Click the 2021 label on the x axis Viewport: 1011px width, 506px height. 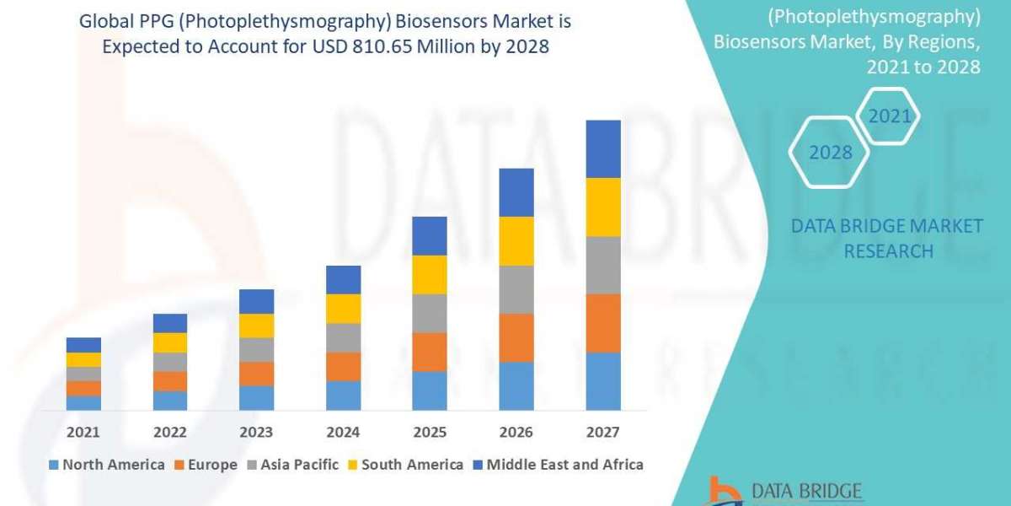coord(83,433)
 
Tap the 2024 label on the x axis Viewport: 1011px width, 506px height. coord(343,433)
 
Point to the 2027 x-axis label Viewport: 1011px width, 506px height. coord(602,433)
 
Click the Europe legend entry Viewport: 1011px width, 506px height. coord(207,465)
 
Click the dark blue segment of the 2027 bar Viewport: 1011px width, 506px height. coord(603,148)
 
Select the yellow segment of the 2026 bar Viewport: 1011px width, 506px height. coord(516,241)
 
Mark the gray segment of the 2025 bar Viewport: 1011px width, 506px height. coord(430,313)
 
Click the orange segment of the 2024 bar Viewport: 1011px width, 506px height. coord(343,366)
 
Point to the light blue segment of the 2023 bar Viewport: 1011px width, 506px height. coord(256,398)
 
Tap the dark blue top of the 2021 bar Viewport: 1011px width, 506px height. coord(83,345)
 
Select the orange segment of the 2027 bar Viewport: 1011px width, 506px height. coord(603,323)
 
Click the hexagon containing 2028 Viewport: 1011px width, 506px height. coord(829,153)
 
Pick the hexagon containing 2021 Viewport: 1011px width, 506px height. coord(889,116)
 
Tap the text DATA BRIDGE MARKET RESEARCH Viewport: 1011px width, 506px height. coord(887,239)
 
